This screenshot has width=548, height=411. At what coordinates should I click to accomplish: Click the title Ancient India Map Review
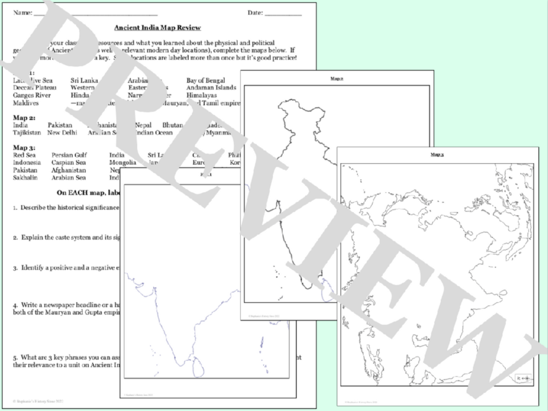(157, 28)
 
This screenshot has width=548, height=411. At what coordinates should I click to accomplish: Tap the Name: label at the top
(22, 13)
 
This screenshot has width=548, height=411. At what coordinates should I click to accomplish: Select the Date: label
(255, 13)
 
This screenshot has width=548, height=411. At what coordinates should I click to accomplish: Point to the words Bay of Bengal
(205, 80)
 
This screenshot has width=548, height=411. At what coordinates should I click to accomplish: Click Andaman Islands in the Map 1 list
(211, 88)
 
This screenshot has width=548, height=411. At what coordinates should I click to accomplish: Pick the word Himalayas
(201, 95)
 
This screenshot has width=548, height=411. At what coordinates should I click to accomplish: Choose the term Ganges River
(32, 95)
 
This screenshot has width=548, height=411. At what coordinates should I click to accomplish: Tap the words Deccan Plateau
(34, 88)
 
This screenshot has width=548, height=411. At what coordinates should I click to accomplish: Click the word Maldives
(26, 103)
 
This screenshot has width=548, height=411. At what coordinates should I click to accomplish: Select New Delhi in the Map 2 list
(62, 133)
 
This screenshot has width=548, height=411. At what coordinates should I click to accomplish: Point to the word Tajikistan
(27, 133)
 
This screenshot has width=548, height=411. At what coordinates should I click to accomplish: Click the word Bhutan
(173, 125)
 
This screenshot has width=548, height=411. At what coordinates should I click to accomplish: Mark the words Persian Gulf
(69, 155)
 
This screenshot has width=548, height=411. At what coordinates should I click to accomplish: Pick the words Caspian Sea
(68, 163)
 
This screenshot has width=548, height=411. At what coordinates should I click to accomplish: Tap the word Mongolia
(122, 163)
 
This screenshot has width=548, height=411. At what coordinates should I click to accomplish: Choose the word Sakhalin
(25, 178)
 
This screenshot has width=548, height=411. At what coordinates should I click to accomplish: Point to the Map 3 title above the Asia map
(437, 155)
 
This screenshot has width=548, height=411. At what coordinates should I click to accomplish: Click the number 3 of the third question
(15, 268)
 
